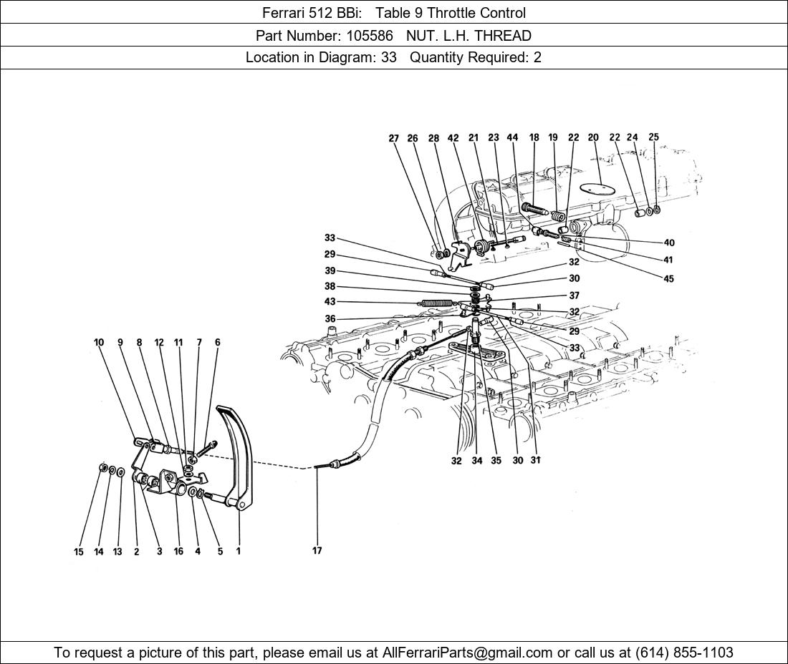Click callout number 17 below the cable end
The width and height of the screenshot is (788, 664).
pos(317,551)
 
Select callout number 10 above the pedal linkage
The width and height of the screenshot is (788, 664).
pos(99,343)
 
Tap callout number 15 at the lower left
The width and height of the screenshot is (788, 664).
pos(79,552)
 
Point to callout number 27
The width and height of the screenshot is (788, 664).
pos(394,139)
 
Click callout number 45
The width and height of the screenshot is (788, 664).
pos(668,279)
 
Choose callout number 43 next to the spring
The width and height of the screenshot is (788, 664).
pos(330,302)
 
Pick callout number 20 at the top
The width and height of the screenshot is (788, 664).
pos(593,137)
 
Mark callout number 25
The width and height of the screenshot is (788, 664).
pos(653,137)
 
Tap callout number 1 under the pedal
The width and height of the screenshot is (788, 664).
pos(238,551)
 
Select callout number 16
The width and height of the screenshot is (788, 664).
pos(178,552)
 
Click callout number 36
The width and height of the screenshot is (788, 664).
pos(330,319)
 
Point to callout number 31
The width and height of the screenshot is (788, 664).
pos(535,461)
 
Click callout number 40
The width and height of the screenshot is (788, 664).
pos(668,243)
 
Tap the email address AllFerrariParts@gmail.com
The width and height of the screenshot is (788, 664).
pos(468,653)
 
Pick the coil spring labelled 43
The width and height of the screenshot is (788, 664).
pos(436,303)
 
